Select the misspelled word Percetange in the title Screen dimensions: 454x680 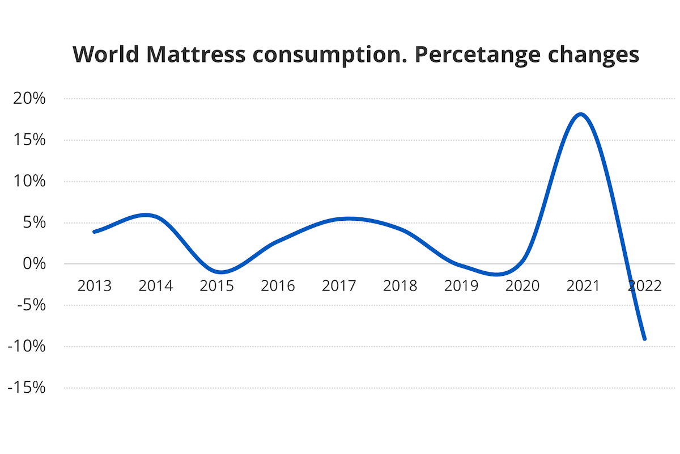(478, 54)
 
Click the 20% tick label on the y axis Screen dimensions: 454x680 (28, 99)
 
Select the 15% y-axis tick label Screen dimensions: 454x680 (28, 140)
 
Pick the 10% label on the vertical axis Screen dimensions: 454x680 (28, 182)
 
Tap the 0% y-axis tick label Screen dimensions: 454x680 (33, 264)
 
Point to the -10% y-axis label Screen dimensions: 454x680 (25, 347)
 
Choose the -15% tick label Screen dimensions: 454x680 (25, 388)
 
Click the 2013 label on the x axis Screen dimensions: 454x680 (95, 285)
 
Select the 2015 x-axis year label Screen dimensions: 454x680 (217, 285)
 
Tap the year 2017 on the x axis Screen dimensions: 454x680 (339, 285)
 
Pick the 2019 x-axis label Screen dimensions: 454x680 (461, 285)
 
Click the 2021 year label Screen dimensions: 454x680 (584, 285)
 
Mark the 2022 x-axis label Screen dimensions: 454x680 (645, 285)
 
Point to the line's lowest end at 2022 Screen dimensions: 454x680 (644, 339)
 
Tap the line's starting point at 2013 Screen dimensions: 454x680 (94, 232)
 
